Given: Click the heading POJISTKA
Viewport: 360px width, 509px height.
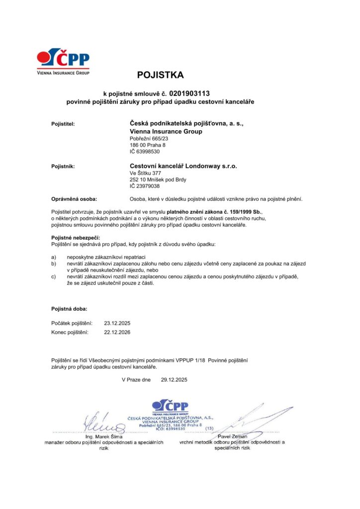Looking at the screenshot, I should pyautogui.click(x=161, y=76).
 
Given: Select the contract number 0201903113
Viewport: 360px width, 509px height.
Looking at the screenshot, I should pyautogui.click(x=189, y=93).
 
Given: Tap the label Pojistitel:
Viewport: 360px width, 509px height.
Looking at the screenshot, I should pyautogui.click(x=63, y=123).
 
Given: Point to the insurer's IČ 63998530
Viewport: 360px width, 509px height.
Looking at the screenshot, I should pyautogui.click(x=145, y=152).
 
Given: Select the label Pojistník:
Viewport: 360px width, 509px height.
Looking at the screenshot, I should pyautogui.click(x=63, y=166).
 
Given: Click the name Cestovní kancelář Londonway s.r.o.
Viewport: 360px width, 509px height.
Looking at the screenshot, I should pyautogui.click(x=183, y=166).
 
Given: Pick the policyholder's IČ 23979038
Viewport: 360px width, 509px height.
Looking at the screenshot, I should pyautogui.click(x=145, y=186).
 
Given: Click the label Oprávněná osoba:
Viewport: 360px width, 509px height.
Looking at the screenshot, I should pyautogui.click(x=75, y=198).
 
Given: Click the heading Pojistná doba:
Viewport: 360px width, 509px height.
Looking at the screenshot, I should pyautogui.click(x=69, y=309).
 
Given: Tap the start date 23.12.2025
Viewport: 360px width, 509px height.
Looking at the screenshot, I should pyautogui.click(x=117, y=323).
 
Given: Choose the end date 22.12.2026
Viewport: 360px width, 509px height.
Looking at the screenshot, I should pyautogui.click(x=117, y=332).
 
